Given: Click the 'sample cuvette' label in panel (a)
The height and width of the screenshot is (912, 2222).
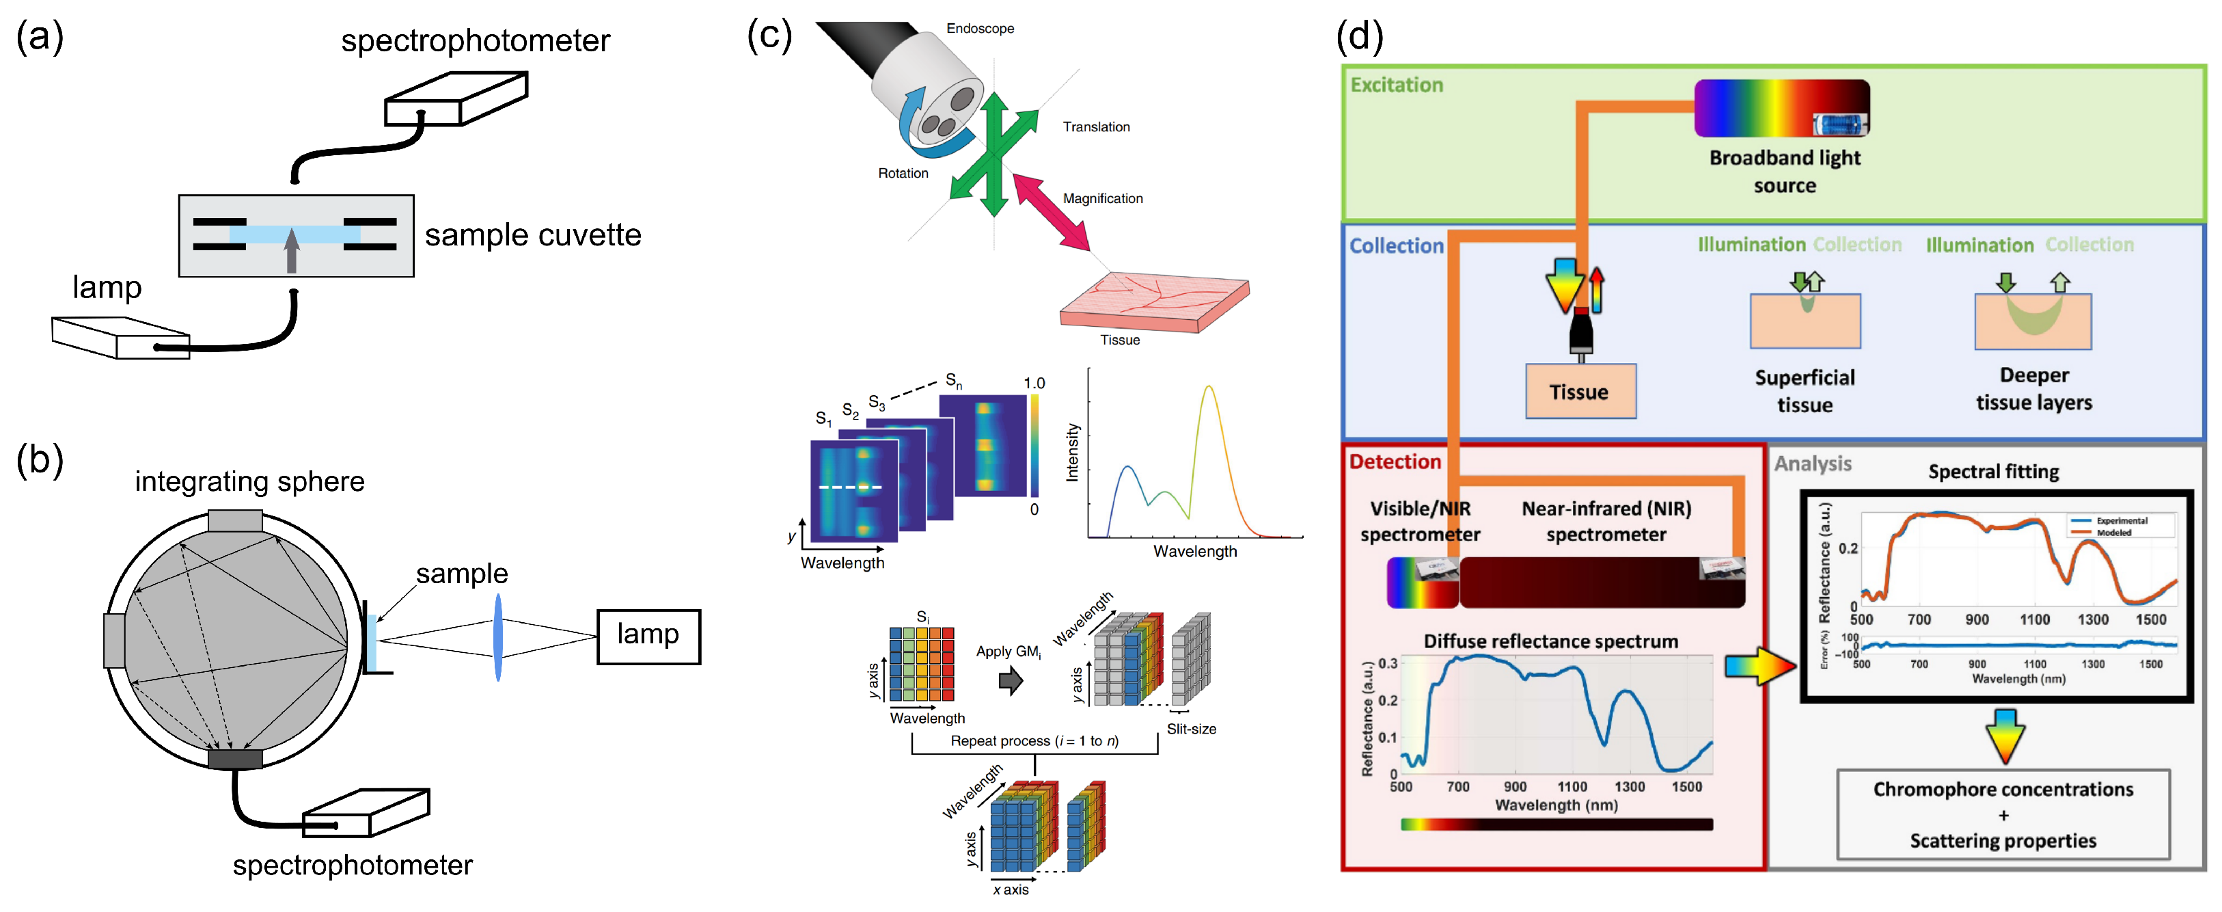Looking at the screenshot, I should coord(532,234).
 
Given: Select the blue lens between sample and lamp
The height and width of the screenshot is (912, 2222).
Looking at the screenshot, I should coord(497,636).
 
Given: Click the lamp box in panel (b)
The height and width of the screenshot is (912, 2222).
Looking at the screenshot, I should coord(648,636).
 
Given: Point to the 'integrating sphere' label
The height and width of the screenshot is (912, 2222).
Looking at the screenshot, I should coord(249,481).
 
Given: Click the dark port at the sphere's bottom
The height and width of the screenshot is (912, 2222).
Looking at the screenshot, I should coord(234,758).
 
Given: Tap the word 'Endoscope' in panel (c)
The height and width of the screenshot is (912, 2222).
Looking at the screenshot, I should coord(979,29).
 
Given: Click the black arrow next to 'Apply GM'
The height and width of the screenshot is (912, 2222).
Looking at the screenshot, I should coord(1010,681).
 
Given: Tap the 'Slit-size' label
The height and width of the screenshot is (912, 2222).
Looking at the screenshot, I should coord(1190,729).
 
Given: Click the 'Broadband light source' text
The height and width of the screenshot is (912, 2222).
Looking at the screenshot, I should coord(1784,171).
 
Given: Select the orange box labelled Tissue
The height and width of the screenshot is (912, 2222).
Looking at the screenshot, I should coord(1579,392).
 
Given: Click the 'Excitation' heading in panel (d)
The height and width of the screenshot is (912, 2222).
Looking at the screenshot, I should coord(1396,85).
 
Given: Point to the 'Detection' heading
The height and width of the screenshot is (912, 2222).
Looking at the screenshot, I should coord(1394,461).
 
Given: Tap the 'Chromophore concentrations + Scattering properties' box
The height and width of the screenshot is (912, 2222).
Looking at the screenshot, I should coord(2002,814).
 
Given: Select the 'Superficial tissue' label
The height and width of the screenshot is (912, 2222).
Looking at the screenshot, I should coord(1805,391).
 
